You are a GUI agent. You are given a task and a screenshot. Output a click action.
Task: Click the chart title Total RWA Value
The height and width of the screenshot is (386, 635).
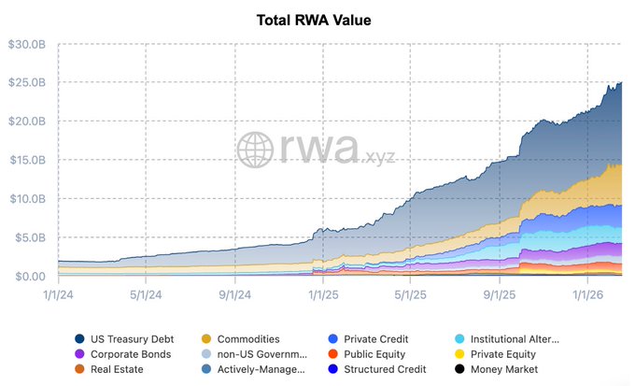(317, 20)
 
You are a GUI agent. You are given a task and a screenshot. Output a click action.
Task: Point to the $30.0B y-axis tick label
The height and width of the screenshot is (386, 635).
(27, 44)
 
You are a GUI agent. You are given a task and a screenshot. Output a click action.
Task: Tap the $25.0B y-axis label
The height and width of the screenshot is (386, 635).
(27, 82)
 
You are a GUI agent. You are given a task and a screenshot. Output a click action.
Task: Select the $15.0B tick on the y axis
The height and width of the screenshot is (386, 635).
(27, 160)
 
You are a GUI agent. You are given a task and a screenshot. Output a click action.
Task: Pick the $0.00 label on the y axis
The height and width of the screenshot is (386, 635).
(31, 276)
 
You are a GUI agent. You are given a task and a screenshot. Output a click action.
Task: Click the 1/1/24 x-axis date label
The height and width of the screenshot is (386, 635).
(58, 293)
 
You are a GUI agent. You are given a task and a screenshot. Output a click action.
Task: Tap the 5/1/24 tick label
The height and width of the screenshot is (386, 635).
(147, 293)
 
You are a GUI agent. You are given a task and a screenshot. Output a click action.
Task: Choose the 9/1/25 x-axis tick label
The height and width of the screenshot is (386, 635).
(500, 293)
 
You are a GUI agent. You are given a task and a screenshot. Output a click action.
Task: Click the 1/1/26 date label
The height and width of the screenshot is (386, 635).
(587, 293)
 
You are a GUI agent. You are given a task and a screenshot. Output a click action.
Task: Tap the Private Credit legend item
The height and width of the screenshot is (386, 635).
(374, 339)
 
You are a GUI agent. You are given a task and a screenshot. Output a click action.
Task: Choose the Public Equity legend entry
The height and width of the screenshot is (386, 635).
(374, 354)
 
